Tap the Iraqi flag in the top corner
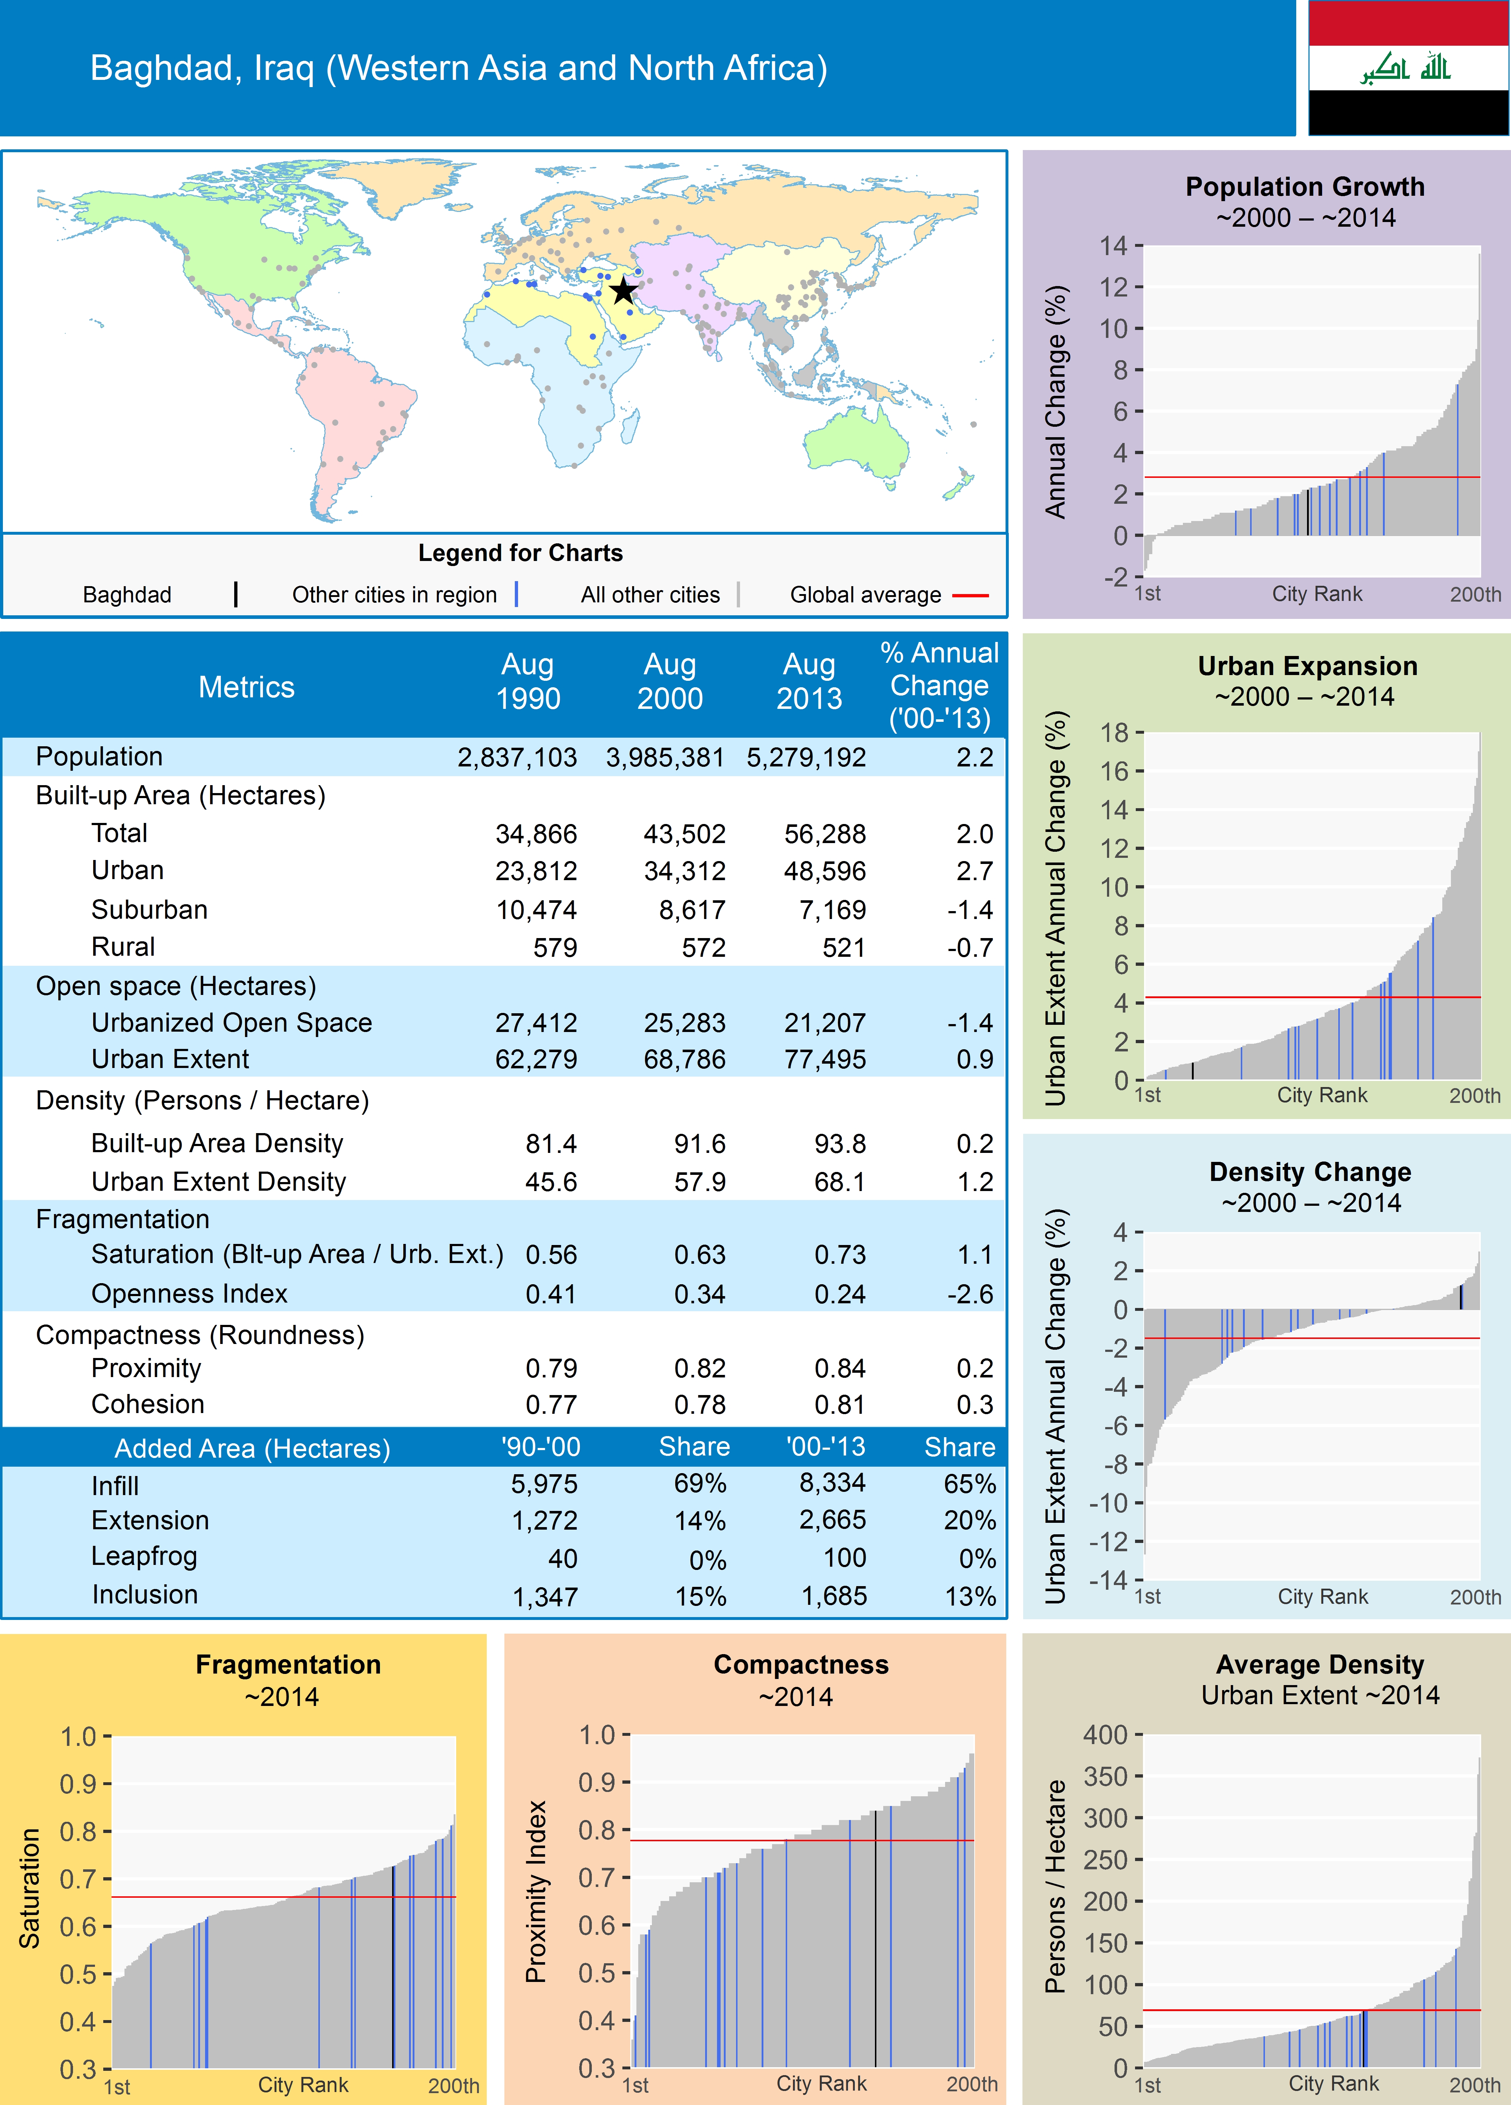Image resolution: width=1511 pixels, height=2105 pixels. [1408, 68]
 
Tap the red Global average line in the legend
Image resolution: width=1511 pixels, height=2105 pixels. [970, 595]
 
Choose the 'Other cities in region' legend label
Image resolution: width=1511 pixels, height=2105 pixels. [394, 595]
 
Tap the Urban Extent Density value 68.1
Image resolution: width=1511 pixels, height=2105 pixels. [839, 1182]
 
